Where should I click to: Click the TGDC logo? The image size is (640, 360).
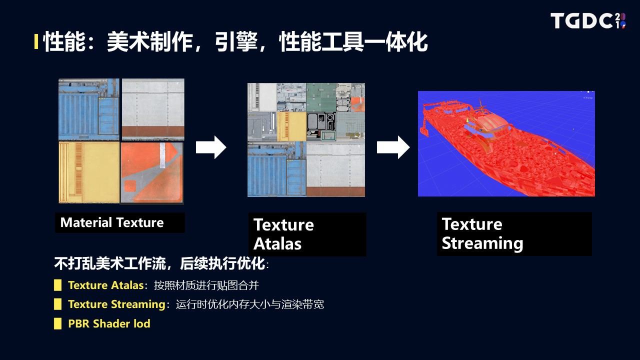[588, 20]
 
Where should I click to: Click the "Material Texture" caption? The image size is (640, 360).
[112, 222]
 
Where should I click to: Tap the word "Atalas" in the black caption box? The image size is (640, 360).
[277, 243]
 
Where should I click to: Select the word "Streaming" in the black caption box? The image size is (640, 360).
[482, 243]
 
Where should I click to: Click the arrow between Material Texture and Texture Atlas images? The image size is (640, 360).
[211, 147]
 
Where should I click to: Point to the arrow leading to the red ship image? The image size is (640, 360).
[393, 147]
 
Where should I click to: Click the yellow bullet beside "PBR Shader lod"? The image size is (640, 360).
[57, 323]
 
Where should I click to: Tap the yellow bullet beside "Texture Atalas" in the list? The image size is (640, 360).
[57, 285]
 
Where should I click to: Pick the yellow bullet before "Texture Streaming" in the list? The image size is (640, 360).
[57, 304]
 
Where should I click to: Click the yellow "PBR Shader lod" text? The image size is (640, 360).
[109, 323]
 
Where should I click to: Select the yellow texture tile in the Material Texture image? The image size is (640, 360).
[89, 172]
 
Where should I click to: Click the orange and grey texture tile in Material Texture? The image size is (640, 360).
[152, 173]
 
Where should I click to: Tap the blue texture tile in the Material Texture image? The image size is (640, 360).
[89, 109]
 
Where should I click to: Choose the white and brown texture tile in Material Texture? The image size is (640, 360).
[153, 109]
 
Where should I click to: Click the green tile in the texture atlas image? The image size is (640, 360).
[321, 97]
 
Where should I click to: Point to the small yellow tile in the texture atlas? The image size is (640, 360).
[291, 126]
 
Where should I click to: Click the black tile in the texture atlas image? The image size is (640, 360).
[321, 126]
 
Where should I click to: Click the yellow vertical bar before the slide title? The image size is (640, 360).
[36, 41]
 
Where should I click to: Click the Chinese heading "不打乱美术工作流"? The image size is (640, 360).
[110, 263]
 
